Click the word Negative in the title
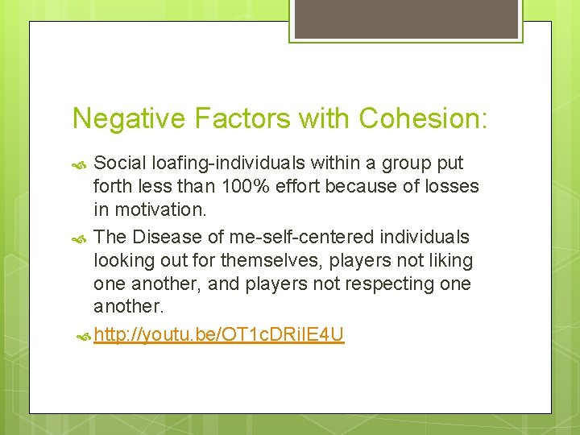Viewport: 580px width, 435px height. [x=129, y=118]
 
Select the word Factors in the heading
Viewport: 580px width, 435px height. [x=242, y=118]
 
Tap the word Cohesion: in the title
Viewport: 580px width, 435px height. [x=423, y=118]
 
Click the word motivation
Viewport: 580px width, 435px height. [x=159, y=210]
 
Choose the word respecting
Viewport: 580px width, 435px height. [x=391, y=284]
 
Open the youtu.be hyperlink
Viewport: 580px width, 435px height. [x=218, y=334]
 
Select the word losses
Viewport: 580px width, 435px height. [x=449, y=187]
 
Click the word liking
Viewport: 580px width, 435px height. [x=451, y=261]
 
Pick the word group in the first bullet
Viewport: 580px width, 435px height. [x=404, y=163]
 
